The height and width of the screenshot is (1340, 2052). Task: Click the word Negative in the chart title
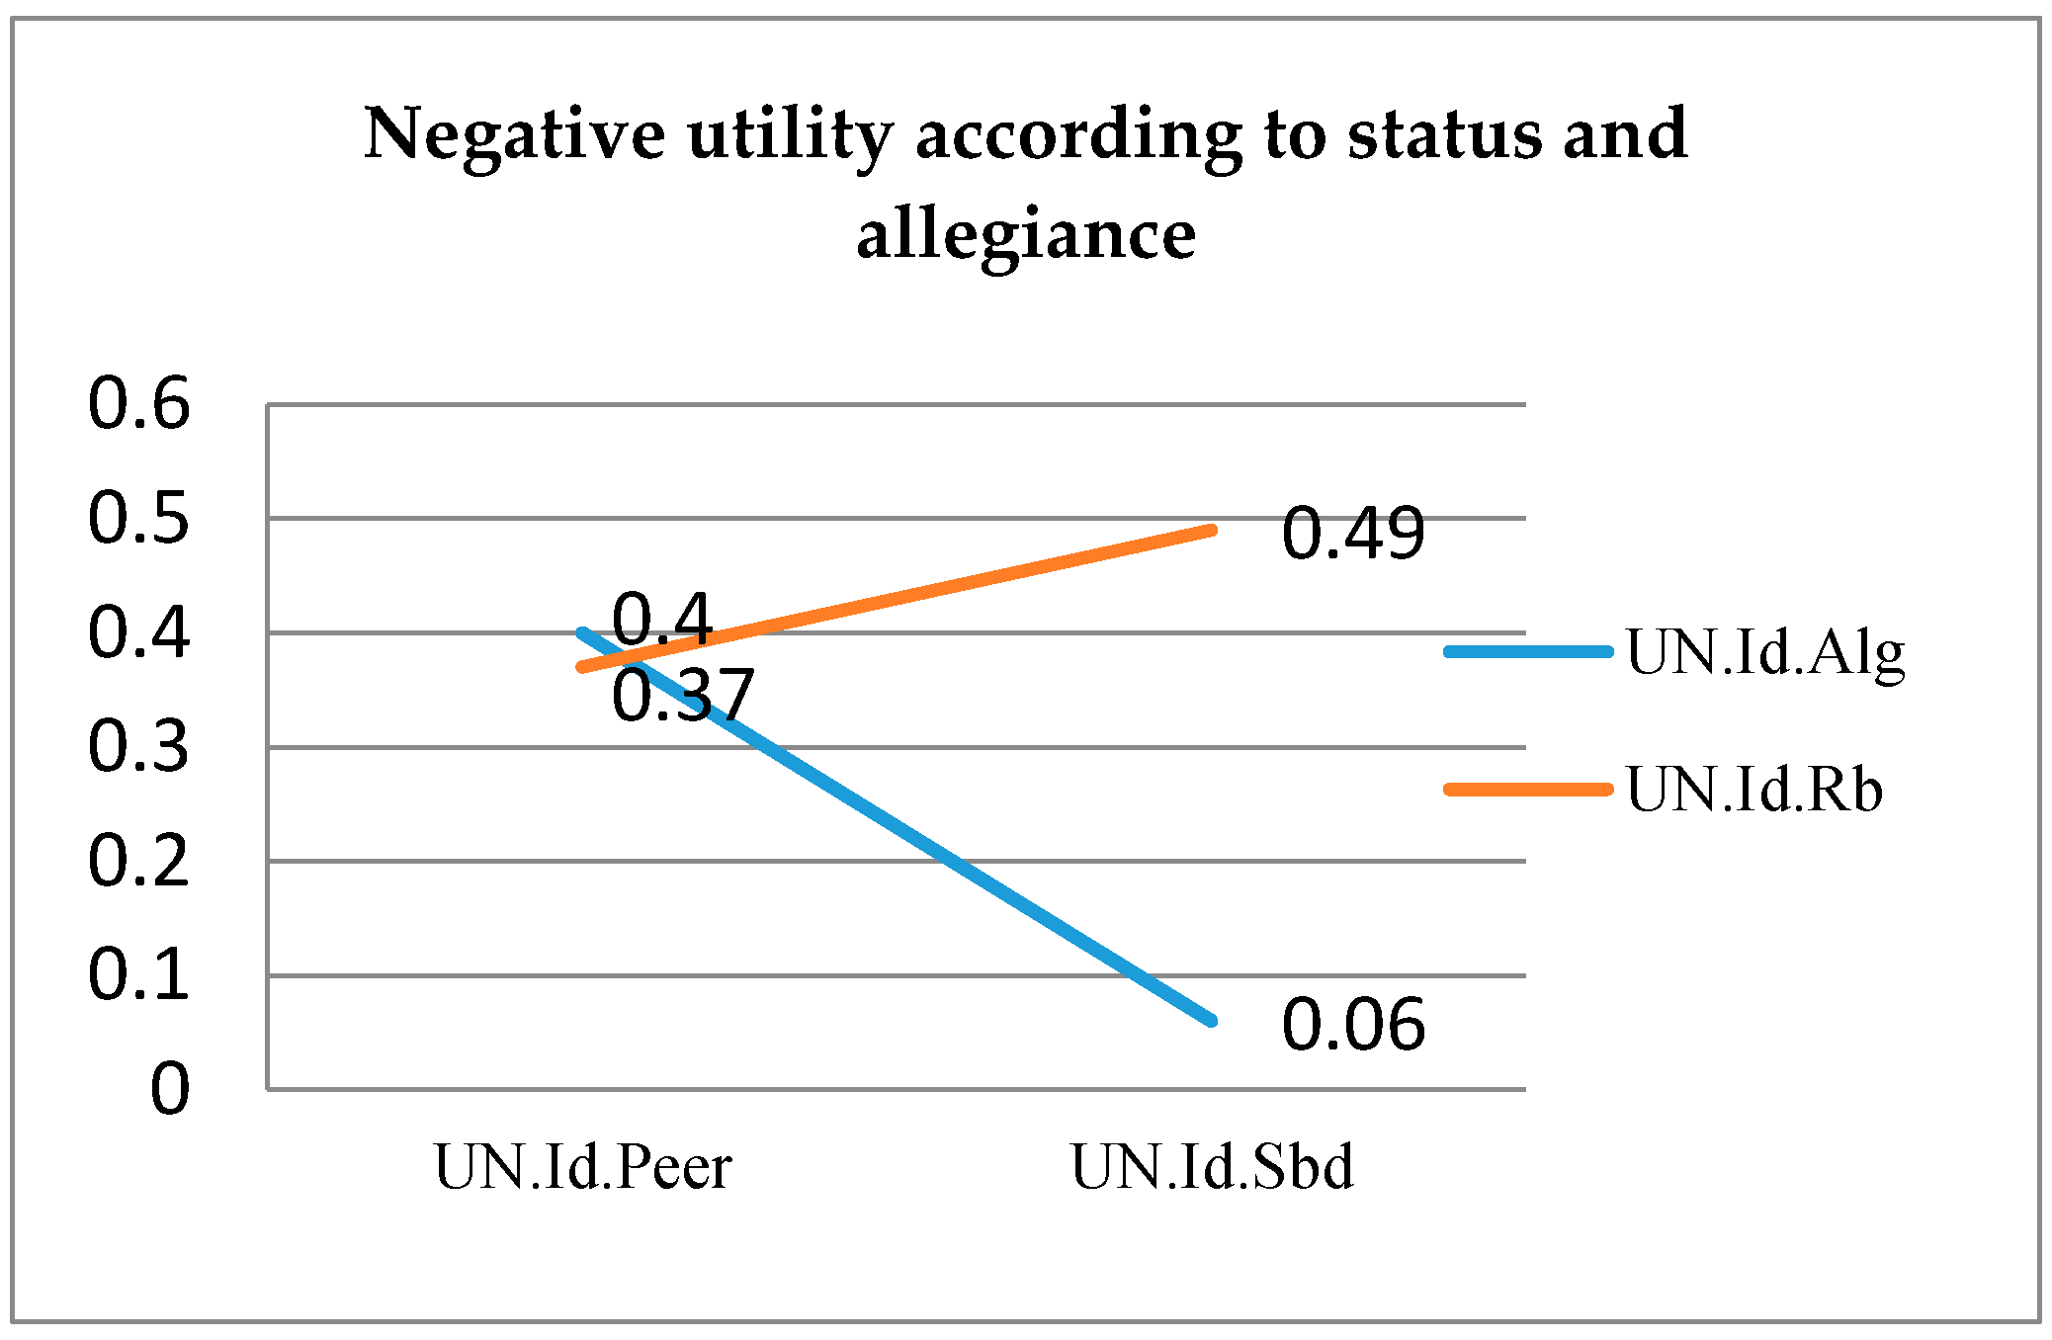pyautogui.click(x=514, y=134)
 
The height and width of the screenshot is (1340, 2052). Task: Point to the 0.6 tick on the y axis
pyautogui.click(x=138, y=404)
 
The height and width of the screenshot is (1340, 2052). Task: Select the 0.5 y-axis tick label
pyautogui.click(x=138, y=518)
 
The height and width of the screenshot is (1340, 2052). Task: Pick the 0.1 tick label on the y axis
pyautogui.click(x=138, y=974)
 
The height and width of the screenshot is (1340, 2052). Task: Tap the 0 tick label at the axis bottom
pyautogui.click(x=169, y=1089)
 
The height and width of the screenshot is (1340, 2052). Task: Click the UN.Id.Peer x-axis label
pyautogui.click(x=583, y=1168)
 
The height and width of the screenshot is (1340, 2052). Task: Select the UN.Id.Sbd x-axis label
pyautogui.click(x=1212, y=1168)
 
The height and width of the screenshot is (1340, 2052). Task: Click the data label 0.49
pyautogui.click(x=1353, y=534)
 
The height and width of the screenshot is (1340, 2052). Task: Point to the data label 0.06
pyautogui.click(x=1353, y=1024)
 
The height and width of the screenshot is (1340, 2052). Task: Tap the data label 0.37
pyautogui.click(x=683, y=696)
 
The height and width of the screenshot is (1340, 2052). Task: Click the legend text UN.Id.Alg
pyautogui.click(x=1765, y=653)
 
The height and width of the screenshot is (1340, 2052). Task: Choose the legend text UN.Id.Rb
pyautogui.click(x=1754, y=791)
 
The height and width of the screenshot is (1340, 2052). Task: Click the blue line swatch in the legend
pyautogui.click(x=1528, y=651)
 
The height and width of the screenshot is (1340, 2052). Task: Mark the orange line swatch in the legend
pyautogui.click(x=1528, y=789)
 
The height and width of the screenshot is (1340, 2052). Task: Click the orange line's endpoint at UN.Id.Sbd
pyautogui.click(x=1212, y=531)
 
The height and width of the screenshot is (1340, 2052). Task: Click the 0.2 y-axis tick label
pyautogui.click(x=138, y=861)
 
